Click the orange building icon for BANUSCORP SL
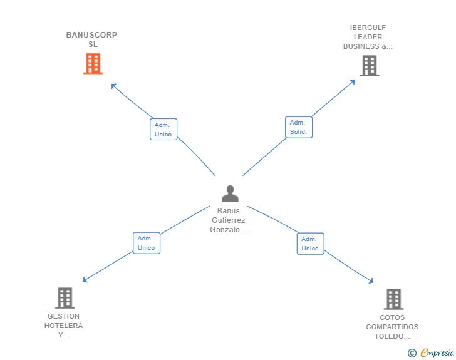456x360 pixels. pos(93,63)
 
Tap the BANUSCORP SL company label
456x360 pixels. pos(91,39)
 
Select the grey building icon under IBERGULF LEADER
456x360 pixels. pos(370,66)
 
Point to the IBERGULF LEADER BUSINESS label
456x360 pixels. pos(368,37)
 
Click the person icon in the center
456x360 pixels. pos(230,193)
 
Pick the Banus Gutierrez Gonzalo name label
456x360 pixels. pos(228,220)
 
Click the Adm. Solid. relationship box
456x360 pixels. pos(299,127)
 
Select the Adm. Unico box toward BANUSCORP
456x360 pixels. pos(163,130)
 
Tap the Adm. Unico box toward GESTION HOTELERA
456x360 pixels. pos(147,243)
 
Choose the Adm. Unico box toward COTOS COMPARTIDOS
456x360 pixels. pos(310,244)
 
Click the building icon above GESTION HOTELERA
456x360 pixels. pos(65,298)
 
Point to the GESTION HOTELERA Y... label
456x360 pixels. pos(63,326)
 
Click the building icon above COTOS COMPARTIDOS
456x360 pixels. pos(393,299)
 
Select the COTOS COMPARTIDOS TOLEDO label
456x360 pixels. pos(392,327)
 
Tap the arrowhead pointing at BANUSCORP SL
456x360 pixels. pos(113,86)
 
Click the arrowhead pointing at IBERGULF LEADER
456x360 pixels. pos(353,82)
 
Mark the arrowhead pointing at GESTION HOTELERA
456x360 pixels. pos(85,280)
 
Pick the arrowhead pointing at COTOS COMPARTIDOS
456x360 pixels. pos(371,281)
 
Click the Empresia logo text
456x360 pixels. pos(437,352)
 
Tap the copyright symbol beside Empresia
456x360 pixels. pos(412,353)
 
